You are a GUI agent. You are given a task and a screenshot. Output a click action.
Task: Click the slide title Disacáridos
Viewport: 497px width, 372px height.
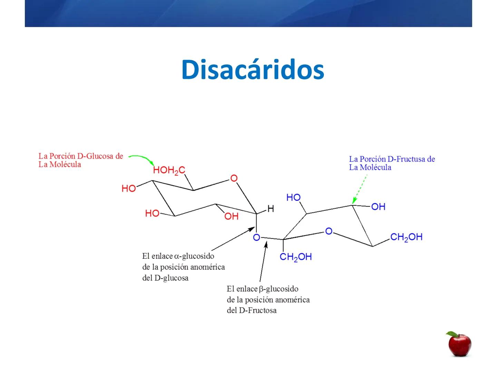click(x=253, y=70)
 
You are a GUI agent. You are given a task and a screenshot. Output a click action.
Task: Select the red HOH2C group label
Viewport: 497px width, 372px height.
click(x=169, y=170)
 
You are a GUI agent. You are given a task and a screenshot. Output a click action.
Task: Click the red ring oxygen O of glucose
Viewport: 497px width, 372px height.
click(x=234, y=178)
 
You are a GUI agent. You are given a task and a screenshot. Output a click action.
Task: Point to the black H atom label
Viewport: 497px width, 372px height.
click(x=271, y=209)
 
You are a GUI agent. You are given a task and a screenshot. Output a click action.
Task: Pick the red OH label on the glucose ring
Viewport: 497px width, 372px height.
click(x=231, y=216)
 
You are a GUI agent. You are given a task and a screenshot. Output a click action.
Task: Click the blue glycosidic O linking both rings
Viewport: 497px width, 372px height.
click(x=256, y=238)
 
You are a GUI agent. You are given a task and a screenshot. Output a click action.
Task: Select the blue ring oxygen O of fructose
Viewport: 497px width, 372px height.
click(x=329, y=231)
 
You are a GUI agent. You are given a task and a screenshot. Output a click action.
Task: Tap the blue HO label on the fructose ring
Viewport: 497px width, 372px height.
click(x=293, y=197)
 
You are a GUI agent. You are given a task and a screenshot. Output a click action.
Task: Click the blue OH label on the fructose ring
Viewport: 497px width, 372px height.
click(x=378, y=207)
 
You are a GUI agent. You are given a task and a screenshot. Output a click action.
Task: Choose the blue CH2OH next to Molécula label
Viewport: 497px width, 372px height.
click(x=406, y=237)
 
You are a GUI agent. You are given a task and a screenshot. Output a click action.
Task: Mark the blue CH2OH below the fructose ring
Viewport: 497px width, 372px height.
click(x=295, y=257)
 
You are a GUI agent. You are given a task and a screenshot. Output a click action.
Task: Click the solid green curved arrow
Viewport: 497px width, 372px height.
click(x=142, y=158)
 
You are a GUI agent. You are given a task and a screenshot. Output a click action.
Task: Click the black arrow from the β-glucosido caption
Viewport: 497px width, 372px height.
click(x=263, y=262)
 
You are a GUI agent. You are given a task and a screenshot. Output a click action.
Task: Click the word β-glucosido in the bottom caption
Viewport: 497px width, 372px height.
click(x=278, y=289)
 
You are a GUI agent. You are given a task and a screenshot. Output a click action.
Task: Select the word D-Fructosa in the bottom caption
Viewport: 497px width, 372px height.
click(x=257, y=310)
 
